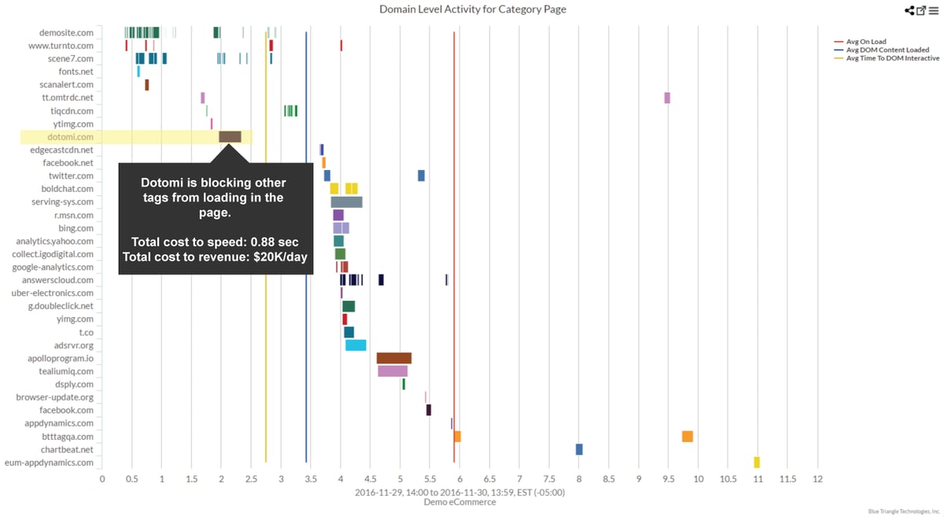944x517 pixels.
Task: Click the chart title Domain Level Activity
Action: click(x=472, y=9)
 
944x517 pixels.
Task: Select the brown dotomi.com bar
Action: click(x=230, y=137)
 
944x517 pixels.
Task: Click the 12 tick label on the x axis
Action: click(x=817, y=478)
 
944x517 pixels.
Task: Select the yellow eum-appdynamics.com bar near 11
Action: click(x=757, y=463)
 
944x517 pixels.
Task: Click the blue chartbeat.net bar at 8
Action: click(x=579, y=449)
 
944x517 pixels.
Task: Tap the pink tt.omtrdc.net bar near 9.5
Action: click(x=667, y=98)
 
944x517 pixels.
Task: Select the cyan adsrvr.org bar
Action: click(x=356, y=345)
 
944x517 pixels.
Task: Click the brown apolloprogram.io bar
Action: click(x=394, y=358)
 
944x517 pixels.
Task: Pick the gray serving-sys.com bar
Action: click(x=346, y=202)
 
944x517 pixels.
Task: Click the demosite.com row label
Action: click(x=66, y=33)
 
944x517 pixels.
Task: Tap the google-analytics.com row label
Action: click(x=53, y=268)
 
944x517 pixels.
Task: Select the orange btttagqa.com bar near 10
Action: click(x=688, y=437)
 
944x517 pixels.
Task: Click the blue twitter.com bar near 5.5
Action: click(x=421, y=175)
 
